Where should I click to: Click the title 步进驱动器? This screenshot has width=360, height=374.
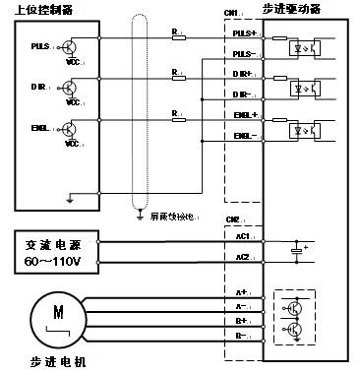(x=296, y=9)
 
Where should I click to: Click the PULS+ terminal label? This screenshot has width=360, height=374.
(x=245, y=33)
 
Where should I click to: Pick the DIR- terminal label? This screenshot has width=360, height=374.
(x=245, y=94)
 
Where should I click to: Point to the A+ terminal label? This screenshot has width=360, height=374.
(x=242, y=292)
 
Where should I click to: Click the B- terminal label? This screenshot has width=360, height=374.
(x=242, y=337)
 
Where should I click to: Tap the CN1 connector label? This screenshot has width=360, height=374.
(x=232, y=13)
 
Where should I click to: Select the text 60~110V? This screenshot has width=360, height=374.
(x=54, y=263)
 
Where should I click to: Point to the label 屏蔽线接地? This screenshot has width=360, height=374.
(x=168, y=214)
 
